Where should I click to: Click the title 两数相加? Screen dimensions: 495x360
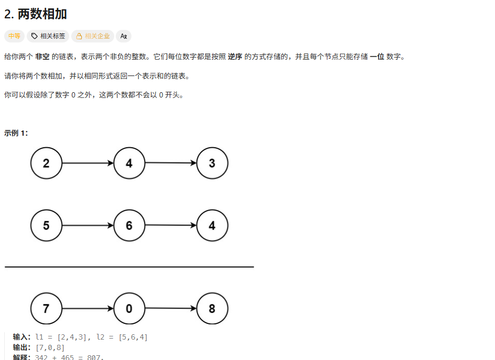(36, 14)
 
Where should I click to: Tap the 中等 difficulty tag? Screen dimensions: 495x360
(14, 36)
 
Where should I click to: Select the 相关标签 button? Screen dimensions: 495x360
(48, 36)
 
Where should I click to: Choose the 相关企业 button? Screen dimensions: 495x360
(93, 36)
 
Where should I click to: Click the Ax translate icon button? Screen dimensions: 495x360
(124, 36)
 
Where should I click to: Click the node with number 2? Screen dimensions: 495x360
(46, 163)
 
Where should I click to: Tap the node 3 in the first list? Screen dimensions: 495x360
(212, 163)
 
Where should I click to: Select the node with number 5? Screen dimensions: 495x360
(46, 225)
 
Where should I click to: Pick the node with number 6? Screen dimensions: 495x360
(129, 225)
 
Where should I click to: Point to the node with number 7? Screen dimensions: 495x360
(46, 309)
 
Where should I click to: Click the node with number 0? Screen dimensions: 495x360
(129, 309)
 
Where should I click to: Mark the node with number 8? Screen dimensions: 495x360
(212, 309)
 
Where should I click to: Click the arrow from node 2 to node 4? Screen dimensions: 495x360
(87, 163)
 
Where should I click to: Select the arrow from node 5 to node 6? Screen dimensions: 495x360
(87, 225)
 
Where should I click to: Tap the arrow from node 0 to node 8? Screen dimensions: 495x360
(171, 309)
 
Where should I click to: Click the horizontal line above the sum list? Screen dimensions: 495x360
(129, 267)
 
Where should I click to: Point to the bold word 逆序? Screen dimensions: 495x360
(235, 57)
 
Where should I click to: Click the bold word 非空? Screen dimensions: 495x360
(42, 57)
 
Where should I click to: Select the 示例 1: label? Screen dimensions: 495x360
(16, 133)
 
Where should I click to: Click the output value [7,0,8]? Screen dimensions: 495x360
(50, 347)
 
